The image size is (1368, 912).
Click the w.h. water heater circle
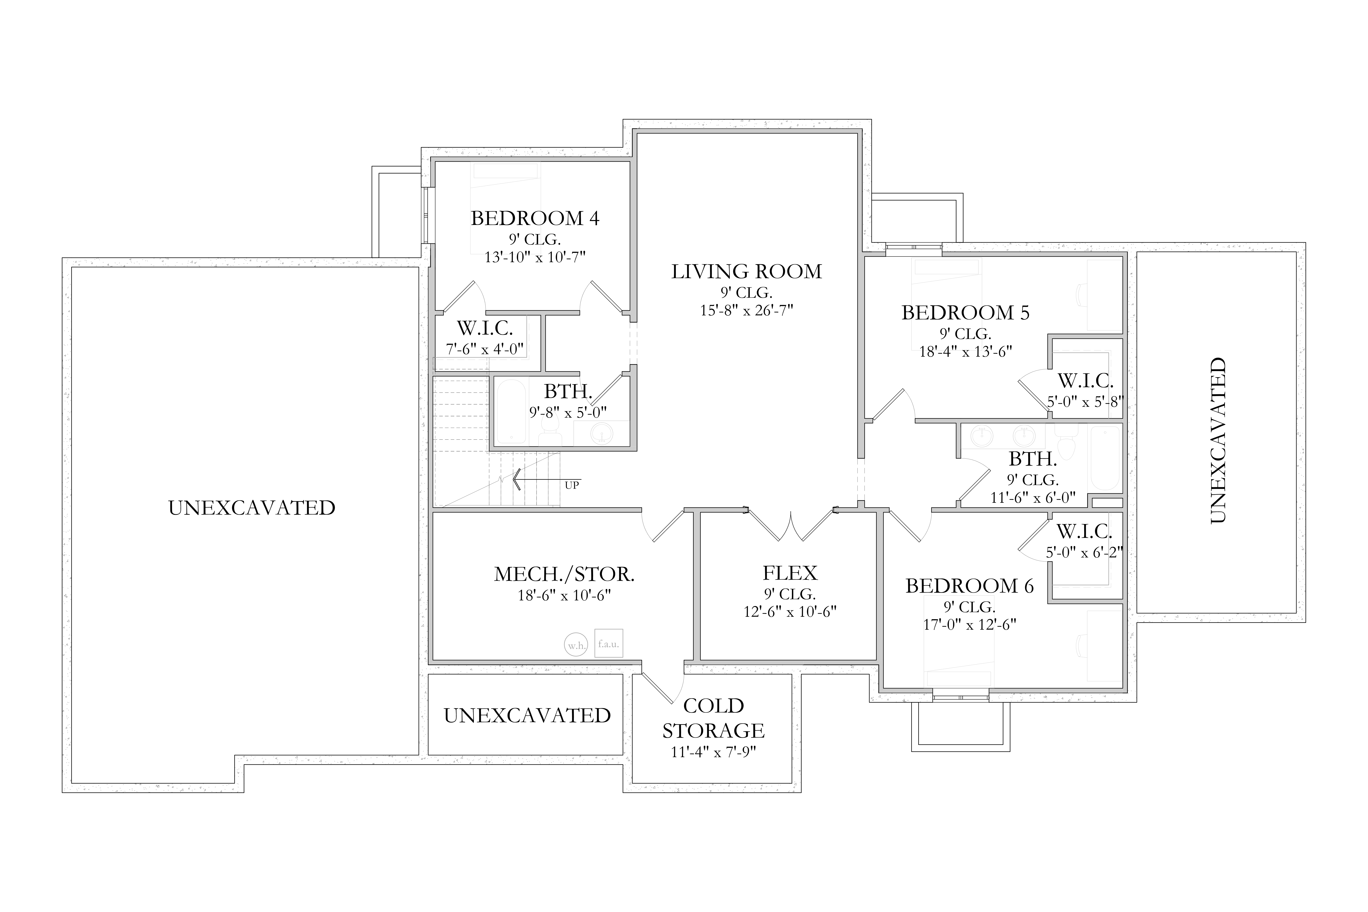click(x=576, y=645)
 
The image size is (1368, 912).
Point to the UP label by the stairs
click(x=572, y=485)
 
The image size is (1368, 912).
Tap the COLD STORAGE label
click(x=714, y=718)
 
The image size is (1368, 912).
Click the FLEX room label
click(x=790, y=573)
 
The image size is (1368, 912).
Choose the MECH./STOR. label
click(x=564, y=575)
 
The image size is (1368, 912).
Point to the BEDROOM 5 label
click(x=966, y=313)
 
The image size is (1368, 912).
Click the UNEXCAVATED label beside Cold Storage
click(x=527, y=715)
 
